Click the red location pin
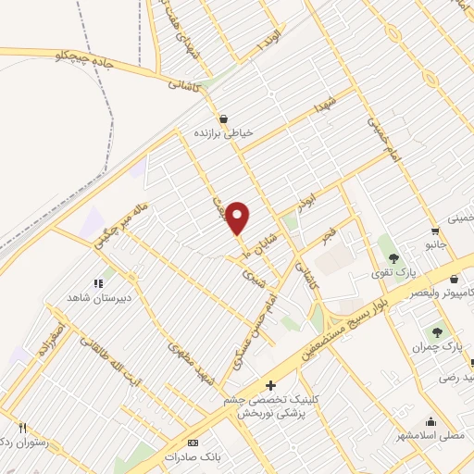click(239, 217)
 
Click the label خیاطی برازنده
click(222, 133)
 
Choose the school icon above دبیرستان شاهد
click(99, 284)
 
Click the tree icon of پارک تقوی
click(393, 258)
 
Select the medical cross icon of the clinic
click(270, 385)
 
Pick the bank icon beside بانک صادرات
click(193, 442)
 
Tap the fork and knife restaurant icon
click(22, 429)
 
